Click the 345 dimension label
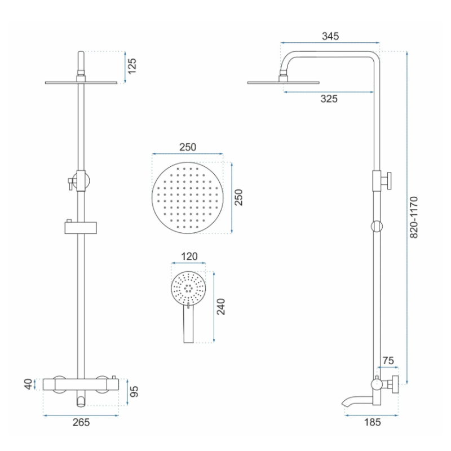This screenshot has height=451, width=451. click(330, 36)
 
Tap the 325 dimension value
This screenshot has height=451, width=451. click(329, 99)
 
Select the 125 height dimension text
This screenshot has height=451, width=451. click(132, 66)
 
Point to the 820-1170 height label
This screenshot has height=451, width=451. click(414, 217)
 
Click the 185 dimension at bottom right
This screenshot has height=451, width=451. click(373, 422)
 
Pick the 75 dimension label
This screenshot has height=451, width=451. click(388, 361)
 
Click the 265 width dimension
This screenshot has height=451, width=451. click(81, 422)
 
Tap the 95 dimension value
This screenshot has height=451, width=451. click(134, 391)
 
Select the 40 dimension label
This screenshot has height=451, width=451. click(28, 384)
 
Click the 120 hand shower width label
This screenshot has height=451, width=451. click(189, 257)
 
